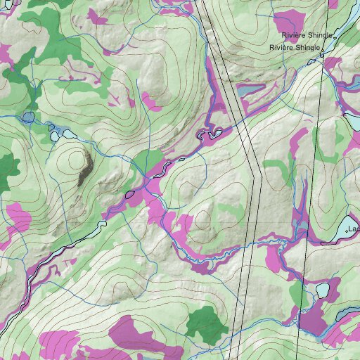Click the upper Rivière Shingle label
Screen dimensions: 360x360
click(x=306, y=35)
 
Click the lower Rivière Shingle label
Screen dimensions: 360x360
click(x=295, y=48)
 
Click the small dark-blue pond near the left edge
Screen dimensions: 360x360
click(x=28, y=117)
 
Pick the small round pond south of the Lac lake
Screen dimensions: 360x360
click(x=323, y=290)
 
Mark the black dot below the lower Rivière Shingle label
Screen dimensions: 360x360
click(x=321, y=53)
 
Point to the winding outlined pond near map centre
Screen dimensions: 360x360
click(x=211, y=132)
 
